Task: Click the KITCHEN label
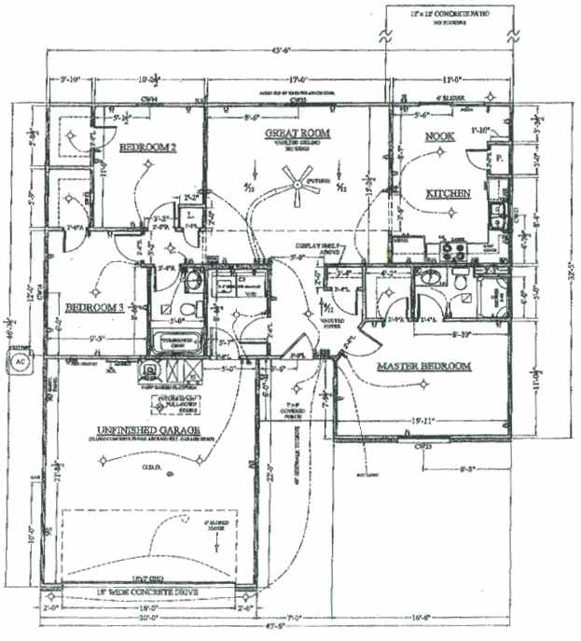[x=448, y=194]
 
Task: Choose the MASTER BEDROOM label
[x=422, y=367]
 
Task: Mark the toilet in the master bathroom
[x=461, y=283]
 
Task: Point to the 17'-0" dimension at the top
[x=298, y=79]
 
